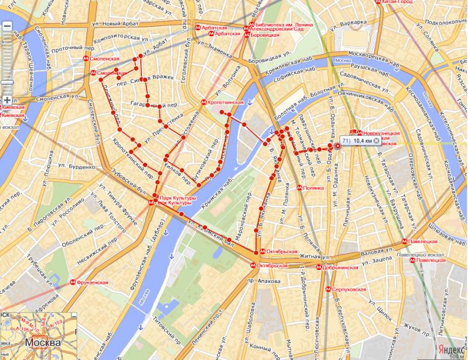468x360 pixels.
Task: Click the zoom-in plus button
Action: pos(6,99)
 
